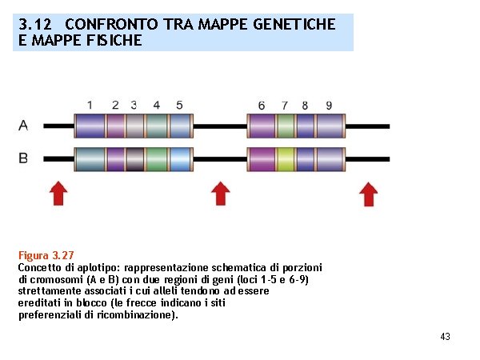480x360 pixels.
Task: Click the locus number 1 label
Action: coord(90,105)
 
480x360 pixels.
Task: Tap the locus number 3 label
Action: coord(134,105)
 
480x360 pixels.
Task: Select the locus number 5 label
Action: coord(179,105)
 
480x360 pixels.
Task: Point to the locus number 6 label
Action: coord(262,106)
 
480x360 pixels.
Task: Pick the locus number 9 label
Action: coord(329,106)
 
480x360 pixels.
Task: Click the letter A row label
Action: coord(23,125)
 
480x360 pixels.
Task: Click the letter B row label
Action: coord(23,158)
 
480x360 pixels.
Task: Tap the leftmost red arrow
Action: coord(58,193)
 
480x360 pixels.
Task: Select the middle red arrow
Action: coord(221,193)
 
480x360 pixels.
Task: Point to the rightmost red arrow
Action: coord(368,193)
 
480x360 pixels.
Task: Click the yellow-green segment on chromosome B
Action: coord(286,158)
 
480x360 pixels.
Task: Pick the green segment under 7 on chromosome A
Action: coord(285,126)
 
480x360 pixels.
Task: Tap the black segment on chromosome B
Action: coord(134,158)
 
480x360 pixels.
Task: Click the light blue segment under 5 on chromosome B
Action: coord(180,158)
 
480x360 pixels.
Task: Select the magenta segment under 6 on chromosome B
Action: coord(262,158)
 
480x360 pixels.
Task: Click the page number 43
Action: coord(445,337)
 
